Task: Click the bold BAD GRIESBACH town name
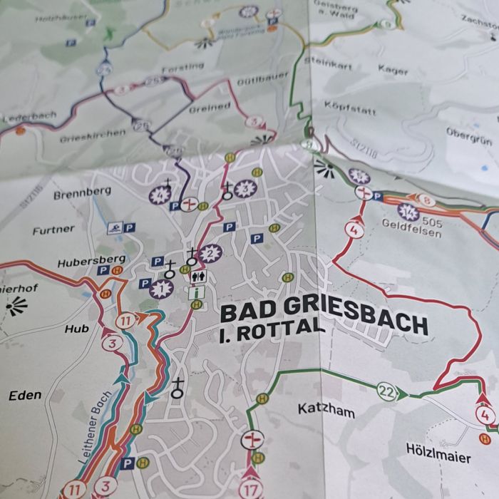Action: pyautogui.click(x=324, y=318)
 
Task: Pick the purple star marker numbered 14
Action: pyautogui.click(x=408, y=212)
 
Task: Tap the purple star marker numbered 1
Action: pyautogui.click(x=160, y=289)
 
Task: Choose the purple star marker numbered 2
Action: pyautogui.click(x=209, y=252)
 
